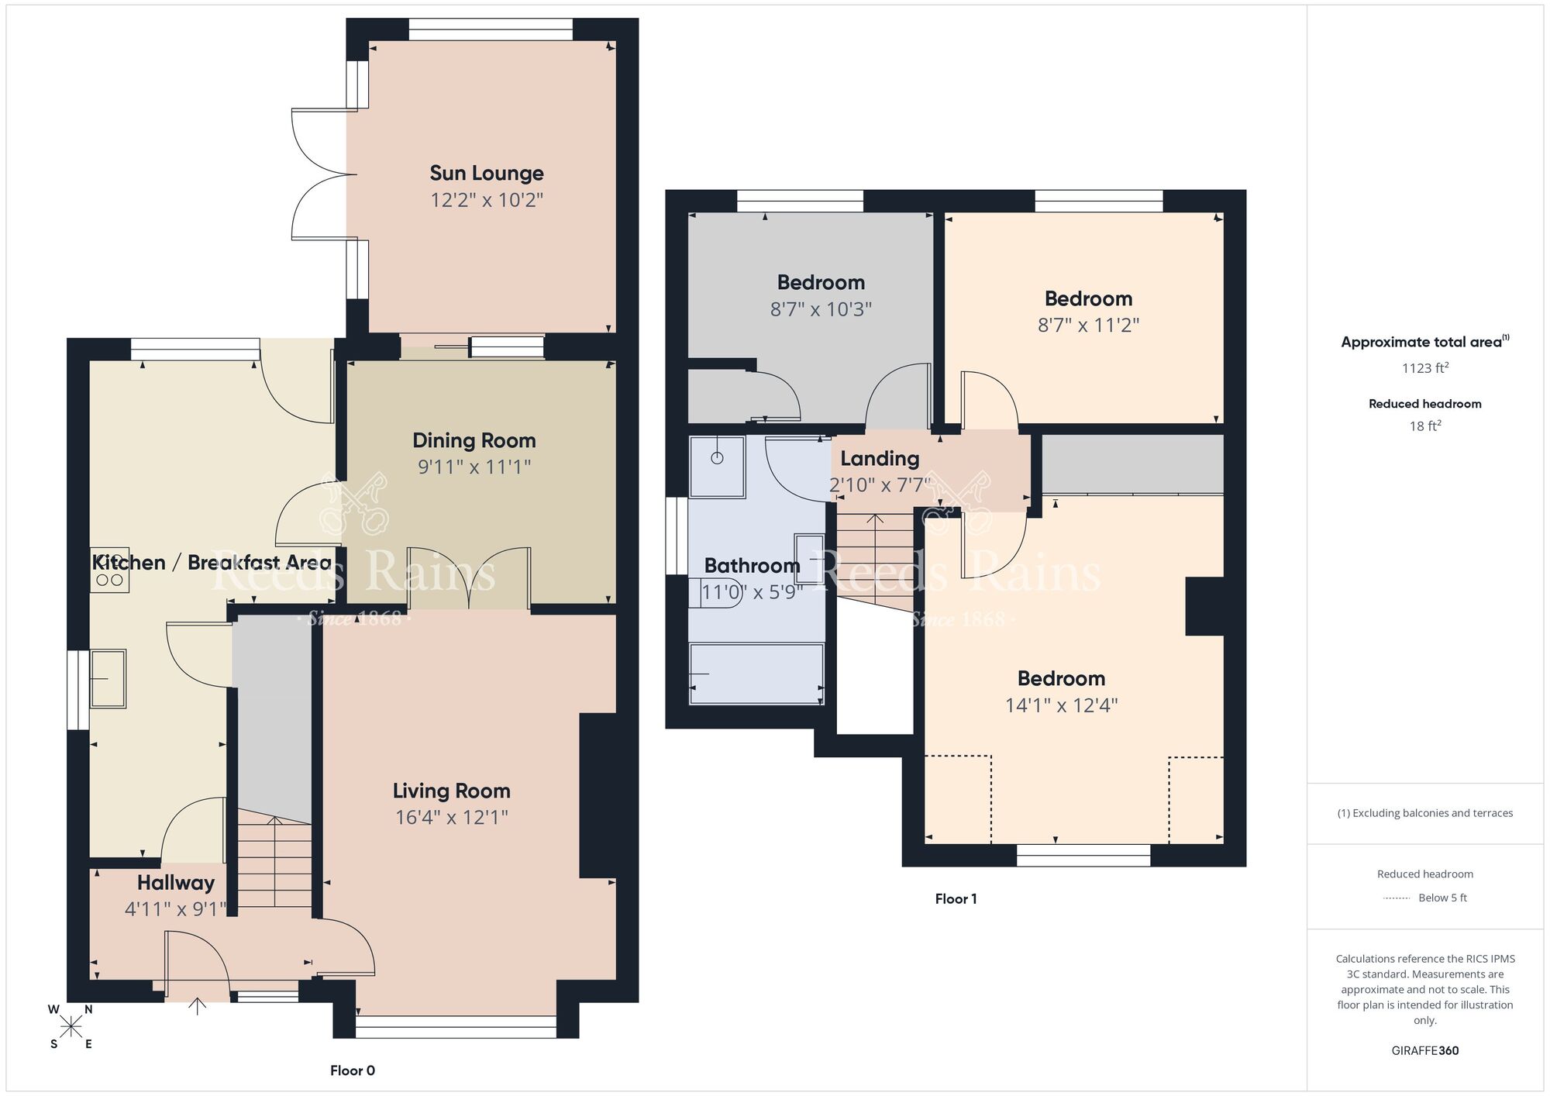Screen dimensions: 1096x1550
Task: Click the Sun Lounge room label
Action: coord(486,173)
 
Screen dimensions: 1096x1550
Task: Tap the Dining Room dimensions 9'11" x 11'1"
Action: coord(474,467)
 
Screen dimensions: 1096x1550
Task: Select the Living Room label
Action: coord(451,791)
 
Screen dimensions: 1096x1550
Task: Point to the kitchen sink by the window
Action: coord(108,679)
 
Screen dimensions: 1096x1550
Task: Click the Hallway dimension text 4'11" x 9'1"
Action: coord(175,908)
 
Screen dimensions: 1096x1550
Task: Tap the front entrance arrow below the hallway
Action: coord(198,1006)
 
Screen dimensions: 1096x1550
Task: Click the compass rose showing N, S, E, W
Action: coord(71,1027)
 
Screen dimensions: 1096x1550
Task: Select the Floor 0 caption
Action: coord(352,1070)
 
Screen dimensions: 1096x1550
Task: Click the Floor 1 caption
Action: coord(956,899)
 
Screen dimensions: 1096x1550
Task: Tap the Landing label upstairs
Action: coord(880,459)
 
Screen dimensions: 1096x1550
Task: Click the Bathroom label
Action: coord(751,566)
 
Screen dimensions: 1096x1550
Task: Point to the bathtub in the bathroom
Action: coord(756,674)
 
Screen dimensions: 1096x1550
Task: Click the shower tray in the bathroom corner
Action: coord(717,466)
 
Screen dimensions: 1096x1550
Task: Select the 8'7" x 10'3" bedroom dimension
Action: coord(821,309)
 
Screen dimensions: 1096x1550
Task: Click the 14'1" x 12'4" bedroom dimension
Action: coord(1061,705)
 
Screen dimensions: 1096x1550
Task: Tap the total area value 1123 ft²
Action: coord(1424,368)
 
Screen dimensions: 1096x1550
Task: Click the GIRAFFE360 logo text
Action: coord(1424,1051)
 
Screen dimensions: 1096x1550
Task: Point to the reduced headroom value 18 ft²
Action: coord(1424,426)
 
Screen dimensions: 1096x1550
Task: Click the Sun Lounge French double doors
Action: coord(318,174)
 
